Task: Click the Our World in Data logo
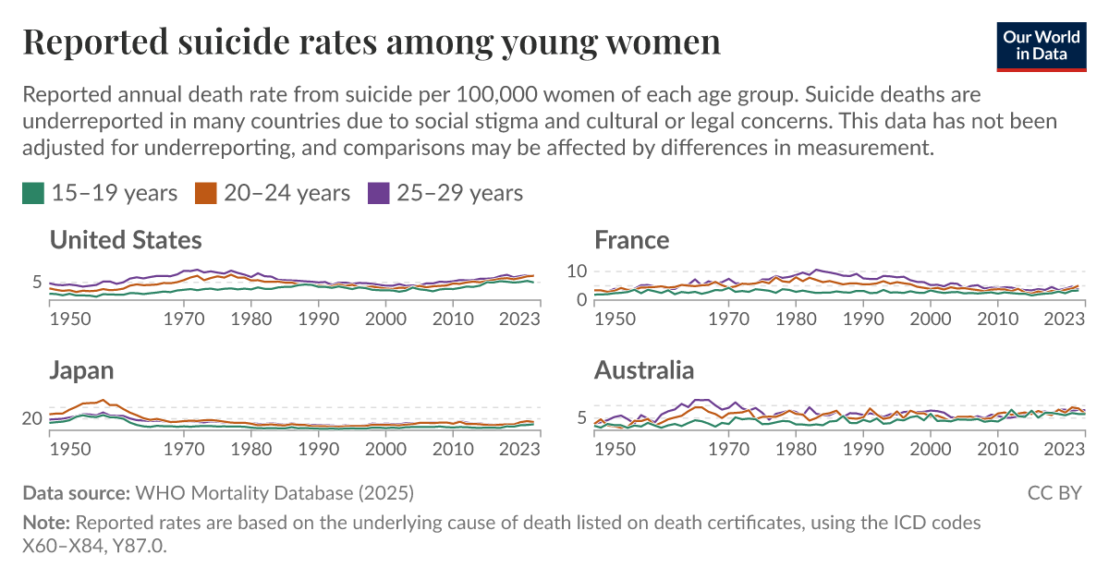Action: click(1042, 45)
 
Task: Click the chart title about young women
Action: click(371, 42)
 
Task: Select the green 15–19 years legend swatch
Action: click(33, 193)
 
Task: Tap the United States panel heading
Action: click(126, 241)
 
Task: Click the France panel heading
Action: click(632, 241)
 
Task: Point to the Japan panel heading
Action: click(82, 371)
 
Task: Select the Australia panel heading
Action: click(644, 371)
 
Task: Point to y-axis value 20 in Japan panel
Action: click(32, 419)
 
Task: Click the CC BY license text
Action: click(1054, 493)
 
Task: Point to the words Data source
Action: click(77, 492)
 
